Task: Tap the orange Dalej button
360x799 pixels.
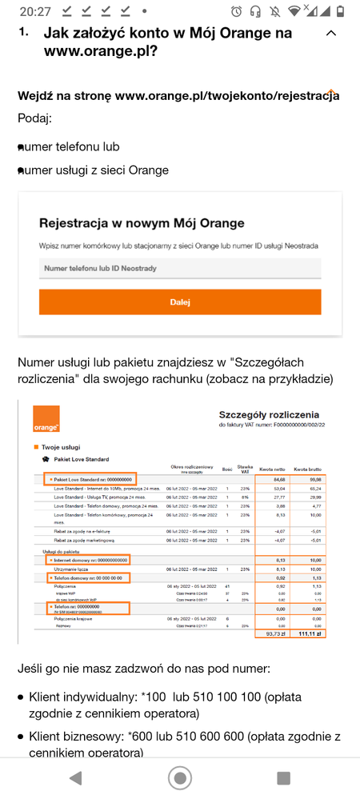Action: coord(180,302)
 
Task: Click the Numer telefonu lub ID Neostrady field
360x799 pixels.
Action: coord(180,269)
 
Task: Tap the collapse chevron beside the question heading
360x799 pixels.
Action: coord(331,34)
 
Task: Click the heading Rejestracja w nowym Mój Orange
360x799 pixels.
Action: coord(142,222)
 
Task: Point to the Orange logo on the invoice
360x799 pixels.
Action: coord(46,420)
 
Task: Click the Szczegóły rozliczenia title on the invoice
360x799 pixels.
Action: coord(269,415)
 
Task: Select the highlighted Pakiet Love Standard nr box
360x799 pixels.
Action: coord(89,479)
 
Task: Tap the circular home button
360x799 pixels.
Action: coord(180,777)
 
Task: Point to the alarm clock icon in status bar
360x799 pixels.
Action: coord(236,11)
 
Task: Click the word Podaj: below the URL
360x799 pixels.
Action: coord(34,118)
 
